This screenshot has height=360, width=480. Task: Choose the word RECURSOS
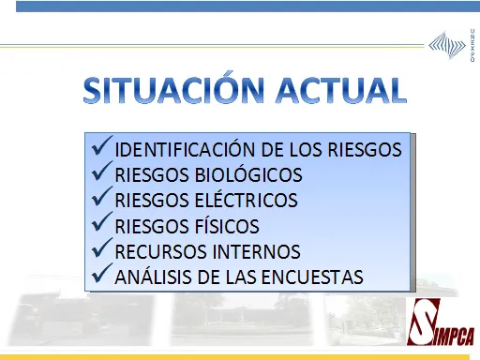tap(157, 252)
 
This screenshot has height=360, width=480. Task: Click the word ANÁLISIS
tap(151, 277)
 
